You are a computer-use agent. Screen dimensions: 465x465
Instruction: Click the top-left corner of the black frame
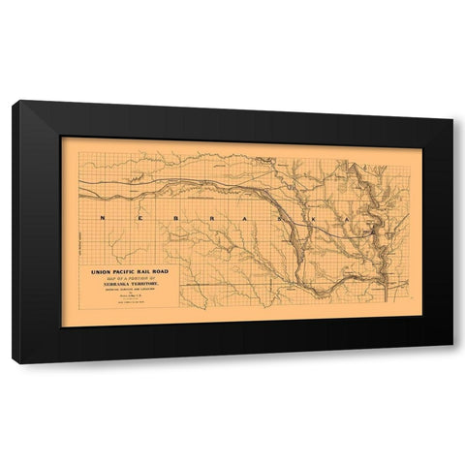[13, 101]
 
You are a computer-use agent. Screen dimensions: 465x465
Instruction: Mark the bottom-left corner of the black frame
[13, 363]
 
